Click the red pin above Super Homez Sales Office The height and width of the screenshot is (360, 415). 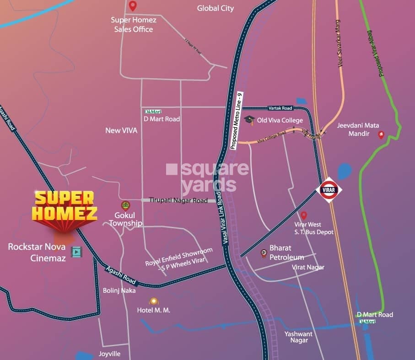pyautogui.click(x=133, y=6)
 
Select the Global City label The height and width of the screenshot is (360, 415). pyautogui.click(x=215, y=8)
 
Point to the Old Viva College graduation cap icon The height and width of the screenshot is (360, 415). pyautogui.click(x=249, y=120)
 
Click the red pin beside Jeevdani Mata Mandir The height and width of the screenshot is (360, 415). pyautogui.click(x=381, y=135)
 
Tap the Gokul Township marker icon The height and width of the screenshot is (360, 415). pyautogui.click(x=125, y=205)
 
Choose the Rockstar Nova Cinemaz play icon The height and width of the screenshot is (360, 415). pyautogui.click(x=76, y=251)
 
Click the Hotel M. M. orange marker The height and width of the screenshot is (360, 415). pyautogui.click(x=153, y=301)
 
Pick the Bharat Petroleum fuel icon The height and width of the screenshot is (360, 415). pyautogui.click(x=264, y=253)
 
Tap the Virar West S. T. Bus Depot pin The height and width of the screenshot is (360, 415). pyautogui.click(x=303, y=215)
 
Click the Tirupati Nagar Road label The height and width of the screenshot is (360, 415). pyautogui.click(x=178, y=200)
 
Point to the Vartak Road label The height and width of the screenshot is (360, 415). pyautogui.click(x=280, y=108)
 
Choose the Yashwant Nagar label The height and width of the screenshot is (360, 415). pyautogui.click(x=298, y=337)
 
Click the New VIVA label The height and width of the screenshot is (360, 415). pyautogui.click(x=121, y=130)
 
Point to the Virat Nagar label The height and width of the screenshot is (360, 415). pyautogui.click(x=308, y=267)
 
